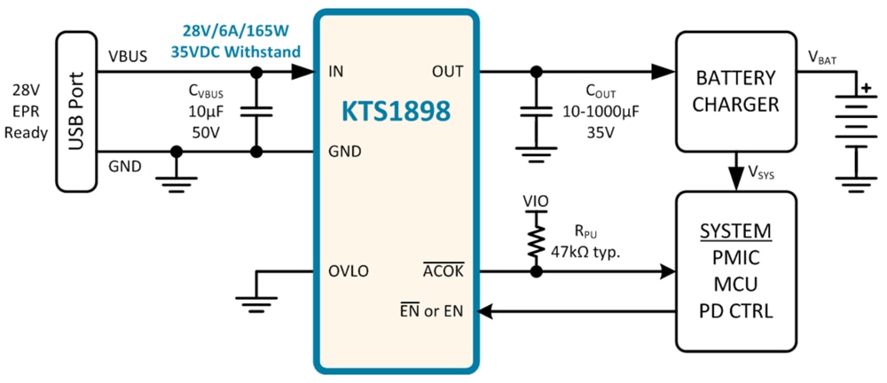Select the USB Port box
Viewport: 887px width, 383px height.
(75, 112)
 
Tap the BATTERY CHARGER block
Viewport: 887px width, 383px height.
(735, 91)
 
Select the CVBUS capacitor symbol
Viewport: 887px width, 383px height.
(255, 111)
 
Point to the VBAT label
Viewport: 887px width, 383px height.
(822, 58)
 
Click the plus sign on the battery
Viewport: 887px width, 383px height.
(861, 86)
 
